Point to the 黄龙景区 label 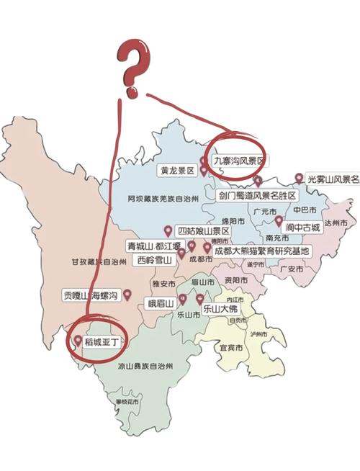pos(178,171)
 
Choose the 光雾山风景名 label pos(332,179)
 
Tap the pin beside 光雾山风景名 pos(299,178)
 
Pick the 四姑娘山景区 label pos(204,231)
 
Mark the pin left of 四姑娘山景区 pos(168,230)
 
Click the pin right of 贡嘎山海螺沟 pos(127,294)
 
